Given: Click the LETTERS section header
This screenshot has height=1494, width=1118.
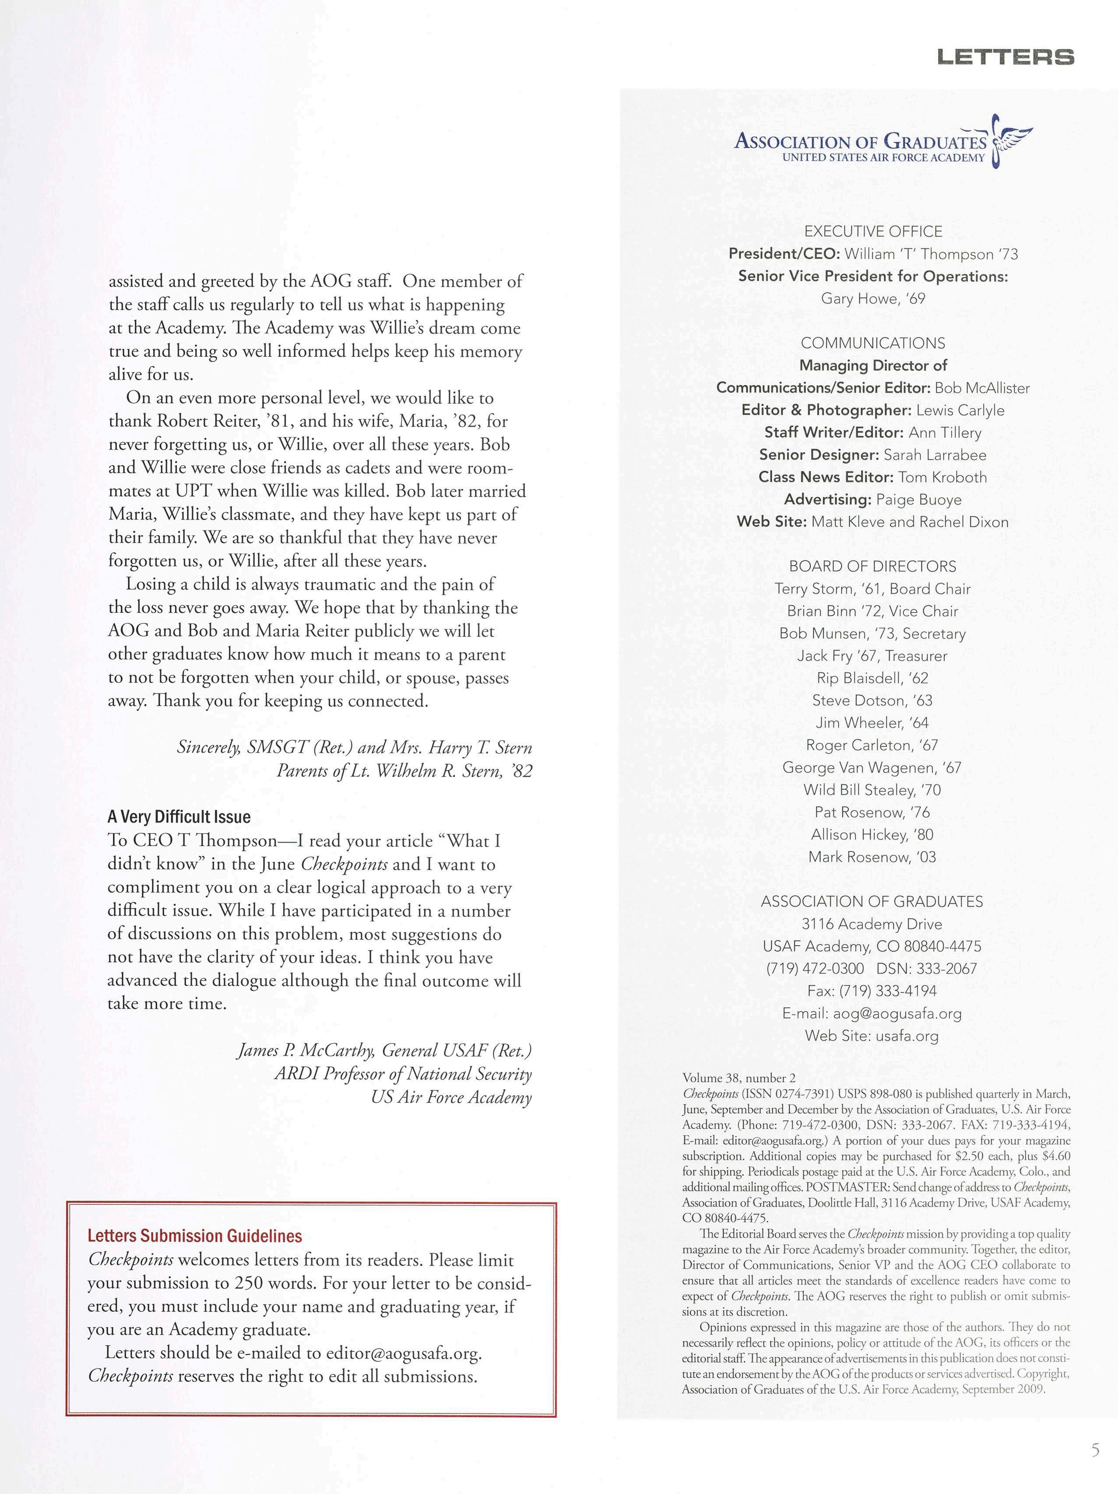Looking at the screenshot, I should click(1005, 57).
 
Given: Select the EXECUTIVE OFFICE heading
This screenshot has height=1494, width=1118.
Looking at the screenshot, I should click(873, 232).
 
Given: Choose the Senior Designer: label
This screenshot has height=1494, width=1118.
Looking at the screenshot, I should click(819, 455).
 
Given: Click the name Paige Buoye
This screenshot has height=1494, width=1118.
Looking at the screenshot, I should click(919, 500).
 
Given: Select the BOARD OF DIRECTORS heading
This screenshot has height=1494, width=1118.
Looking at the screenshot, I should click(873, 567).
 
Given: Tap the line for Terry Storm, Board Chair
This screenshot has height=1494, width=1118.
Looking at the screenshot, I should click(873, 589).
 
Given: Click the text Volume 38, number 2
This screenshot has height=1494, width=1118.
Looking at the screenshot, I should click(739, 1078).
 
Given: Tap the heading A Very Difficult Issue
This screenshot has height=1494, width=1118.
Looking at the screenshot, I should click(179, 817).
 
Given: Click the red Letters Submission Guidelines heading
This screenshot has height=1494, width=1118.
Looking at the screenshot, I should click(194, 1236).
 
